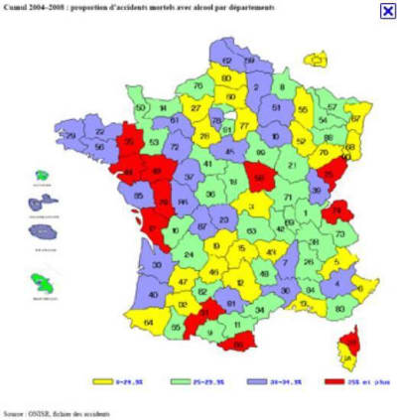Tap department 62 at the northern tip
[226, 62]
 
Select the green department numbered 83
[340, 309]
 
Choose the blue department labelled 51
[278, 106]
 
